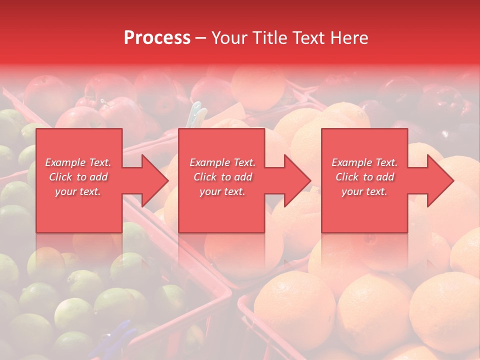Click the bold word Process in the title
157,38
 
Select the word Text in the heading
308,38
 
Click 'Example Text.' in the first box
78,162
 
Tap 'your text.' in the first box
78,191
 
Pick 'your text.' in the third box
364,191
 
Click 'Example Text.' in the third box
364,162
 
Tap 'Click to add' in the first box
78,177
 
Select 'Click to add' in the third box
364,177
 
